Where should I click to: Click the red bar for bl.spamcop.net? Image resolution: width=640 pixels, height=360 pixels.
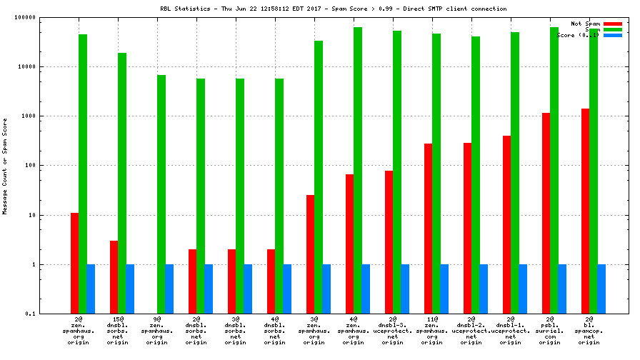586,211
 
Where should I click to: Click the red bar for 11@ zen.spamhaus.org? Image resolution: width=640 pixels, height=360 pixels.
429,229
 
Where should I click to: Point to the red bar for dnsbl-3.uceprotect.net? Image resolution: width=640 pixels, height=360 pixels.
389,242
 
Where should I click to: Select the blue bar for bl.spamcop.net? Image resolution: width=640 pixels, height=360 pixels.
601,289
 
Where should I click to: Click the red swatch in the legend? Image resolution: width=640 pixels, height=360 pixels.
613,24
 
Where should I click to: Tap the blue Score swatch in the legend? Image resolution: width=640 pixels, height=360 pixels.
613,35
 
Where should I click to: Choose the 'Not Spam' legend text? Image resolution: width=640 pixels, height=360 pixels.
585,24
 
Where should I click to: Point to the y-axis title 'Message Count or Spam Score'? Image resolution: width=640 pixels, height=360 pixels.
5,165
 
